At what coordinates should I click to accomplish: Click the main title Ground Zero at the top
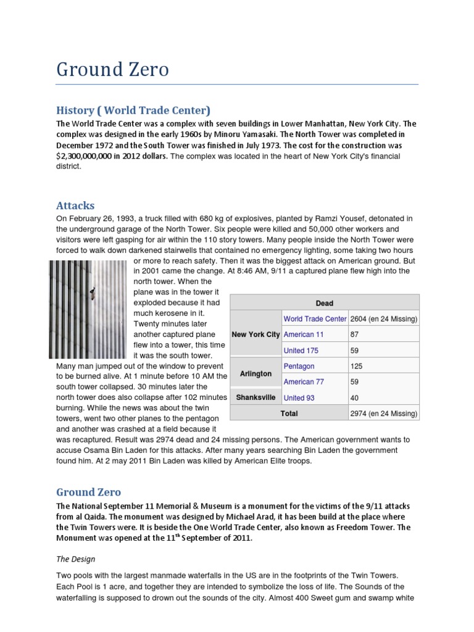(112, 69)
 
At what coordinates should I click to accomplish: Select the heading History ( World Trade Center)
(133, 110)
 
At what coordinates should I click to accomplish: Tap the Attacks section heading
(75, 205)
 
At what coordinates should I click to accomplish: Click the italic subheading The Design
(76, 559)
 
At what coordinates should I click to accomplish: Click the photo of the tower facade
(90, 309)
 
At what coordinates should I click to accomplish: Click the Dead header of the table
(324, 303)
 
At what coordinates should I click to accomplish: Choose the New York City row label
(256, 334)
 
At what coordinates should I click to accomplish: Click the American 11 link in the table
(303, 335)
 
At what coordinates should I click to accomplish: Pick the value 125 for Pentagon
(357, 367)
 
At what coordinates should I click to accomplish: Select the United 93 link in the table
(299, 398)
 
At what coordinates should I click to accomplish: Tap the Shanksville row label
(256, 397)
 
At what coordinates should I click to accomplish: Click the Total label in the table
(289, 414)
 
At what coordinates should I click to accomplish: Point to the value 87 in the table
(354, 335)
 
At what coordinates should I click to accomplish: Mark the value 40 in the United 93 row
(354, 398)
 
